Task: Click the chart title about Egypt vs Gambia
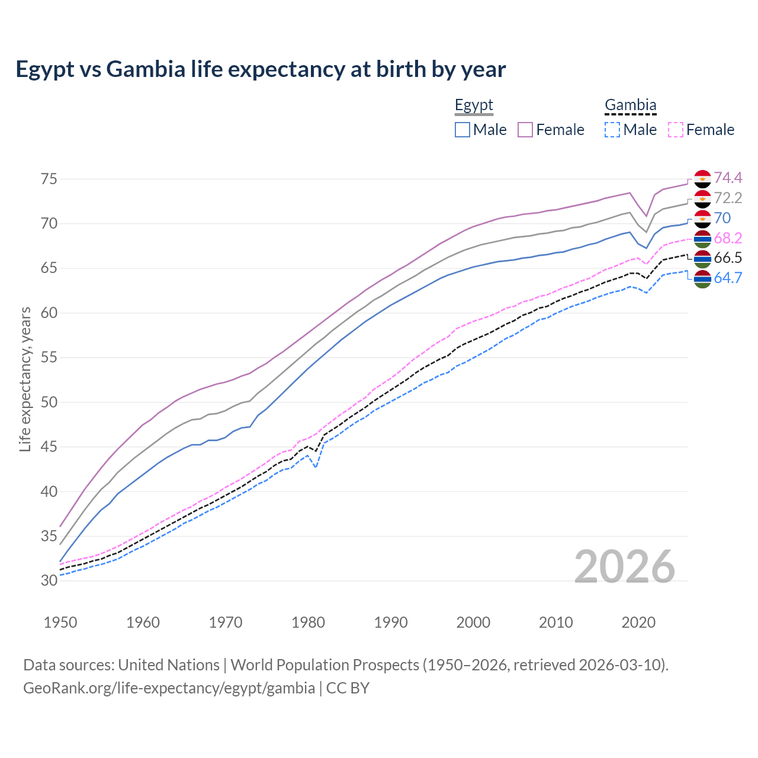pyautogui.click(x=261, y=69)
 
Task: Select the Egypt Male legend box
pyautogui.click(x=462, y=130)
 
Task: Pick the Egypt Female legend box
pyautogui.click(x=525, y=130)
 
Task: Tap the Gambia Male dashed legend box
pyautogui.click(x=612, y=130)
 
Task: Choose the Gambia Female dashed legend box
pyautogui.click(x=676, y=130)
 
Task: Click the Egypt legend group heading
pyautogui.click(x=474, y=105)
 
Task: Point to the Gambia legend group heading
pyautogui.click(x=630, y=105)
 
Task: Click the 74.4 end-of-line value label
pyautogui.click(x=728, y=178)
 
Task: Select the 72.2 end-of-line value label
pyautogui.click(x=728, y=198)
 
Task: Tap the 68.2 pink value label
pyautogui.click(x=728, y=238)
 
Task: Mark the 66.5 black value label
pyautogui.click(x=728, y=258)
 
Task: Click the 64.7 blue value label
pyautogui.click(x=728, y=278)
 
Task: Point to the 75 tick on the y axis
pyautogui.click(x=49, y=179)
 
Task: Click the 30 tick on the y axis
pyautogui.click(x=49, y=580)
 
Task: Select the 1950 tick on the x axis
pyautogui.click(x=60, y=622)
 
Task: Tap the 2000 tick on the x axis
pyautogui.click(x=473, y=622)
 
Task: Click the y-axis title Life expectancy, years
pyautogui.click(x=25, y=379)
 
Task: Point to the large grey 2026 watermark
pyautogui.click(x=625, y=567)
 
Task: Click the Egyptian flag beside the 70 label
pyautogui.click(x=702, y=219)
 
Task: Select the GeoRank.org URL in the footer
pyautogui.click(x=169, y=688)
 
